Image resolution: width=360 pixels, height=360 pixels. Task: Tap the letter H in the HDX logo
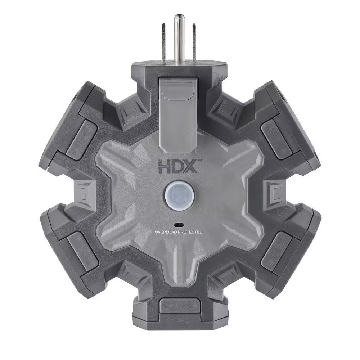[165, 167]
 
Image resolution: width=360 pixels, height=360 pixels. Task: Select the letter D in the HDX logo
[177, 167]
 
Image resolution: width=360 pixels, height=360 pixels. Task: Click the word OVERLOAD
[167, 233]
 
